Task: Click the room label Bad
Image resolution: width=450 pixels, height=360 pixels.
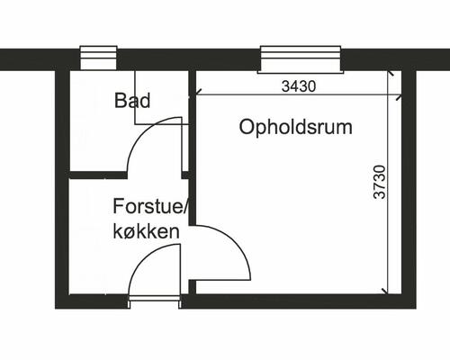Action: pos(132,100)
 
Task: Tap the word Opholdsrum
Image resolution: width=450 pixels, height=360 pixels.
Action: pos(295,127)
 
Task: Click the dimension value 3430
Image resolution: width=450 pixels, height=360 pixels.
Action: pos(299,87)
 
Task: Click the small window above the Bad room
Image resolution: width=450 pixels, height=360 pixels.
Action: pos(93,58)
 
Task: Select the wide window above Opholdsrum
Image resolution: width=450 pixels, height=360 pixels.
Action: pos(301,58)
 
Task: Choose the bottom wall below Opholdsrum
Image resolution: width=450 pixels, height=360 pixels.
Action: pos(297,300)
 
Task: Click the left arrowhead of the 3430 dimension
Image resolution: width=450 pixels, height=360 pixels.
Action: pos(197,94)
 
